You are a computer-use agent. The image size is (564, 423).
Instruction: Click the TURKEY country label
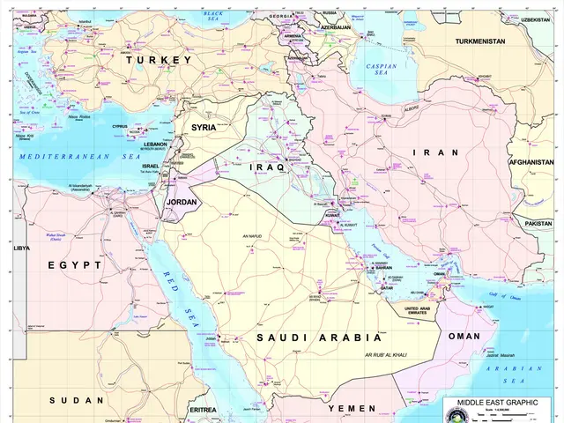[159, 60]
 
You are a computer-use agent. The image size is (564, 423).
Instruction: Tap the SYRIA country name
[204, 128]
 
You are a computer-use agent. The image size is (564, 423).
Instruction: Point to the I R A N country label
[436, 152]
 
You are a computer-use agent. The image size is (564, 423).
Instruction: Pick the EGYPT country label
[75, 264]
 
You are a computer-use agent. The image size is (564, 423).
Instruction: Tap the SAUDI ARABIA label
[318, 338]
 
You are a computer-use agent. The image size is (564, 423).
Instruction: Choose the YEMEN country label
[352, 409]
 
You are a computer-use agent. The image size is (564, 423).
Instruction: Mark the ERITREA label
[203, 409]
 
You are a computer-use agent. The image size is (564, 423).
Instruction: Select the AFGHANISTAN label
[536, 162]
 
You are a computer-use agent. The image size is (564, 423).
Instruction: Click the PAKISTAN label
[538, 224]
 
